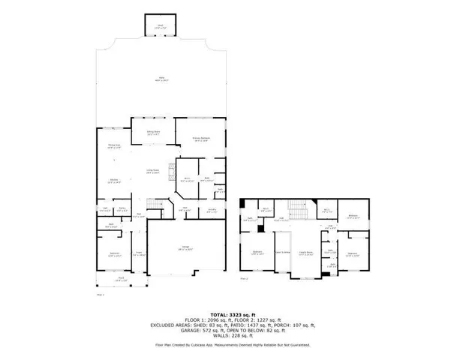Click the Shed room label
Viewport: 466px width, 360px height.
[x=158, y=27]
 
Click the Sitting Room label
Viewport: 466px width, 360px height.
[x=153, y=133]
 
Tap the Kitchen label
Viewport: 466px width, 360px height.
[x=116, y=181]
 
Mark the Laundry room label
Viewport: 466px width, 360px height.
[x=212, y=211]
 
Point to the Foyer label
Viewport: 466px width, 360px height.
[x=138, y=254]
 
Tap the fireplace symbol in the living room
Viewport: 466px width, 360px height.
[x=170, y=169]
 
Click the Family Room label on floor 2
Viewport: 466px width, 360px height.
[x=305, y=253]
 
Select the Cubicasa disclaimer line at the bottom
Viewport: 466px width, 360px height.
[x=232, y=344]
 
